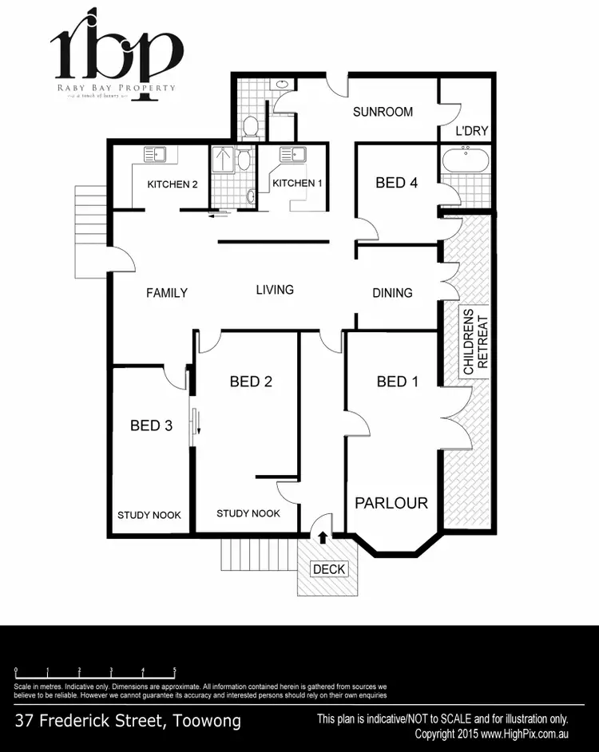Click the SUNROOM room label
coord(383,112)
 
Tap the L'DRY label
coord(472,130)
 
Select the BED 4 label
coord(397,183)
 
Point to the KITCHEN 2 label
coord(173,184)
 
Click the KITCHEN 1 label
coord(298,184)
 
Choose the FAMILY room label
coord(167,293)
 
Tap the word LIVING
coord(275,290)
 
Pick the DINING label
coord(392,293)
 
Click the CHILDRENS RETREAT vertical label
coord(475,342)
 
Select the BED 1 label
coord(398,382)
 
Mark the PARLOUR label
coord(391,503)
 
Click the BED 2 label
coord(252,382)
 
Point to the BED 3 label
coord(152,425)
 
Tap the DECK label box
coord(328,569)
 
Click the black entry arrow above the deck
coord(323,537)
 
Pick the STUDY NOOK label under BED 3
coord(149,516)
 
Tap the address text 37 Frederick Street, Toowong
coord(128,722)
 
